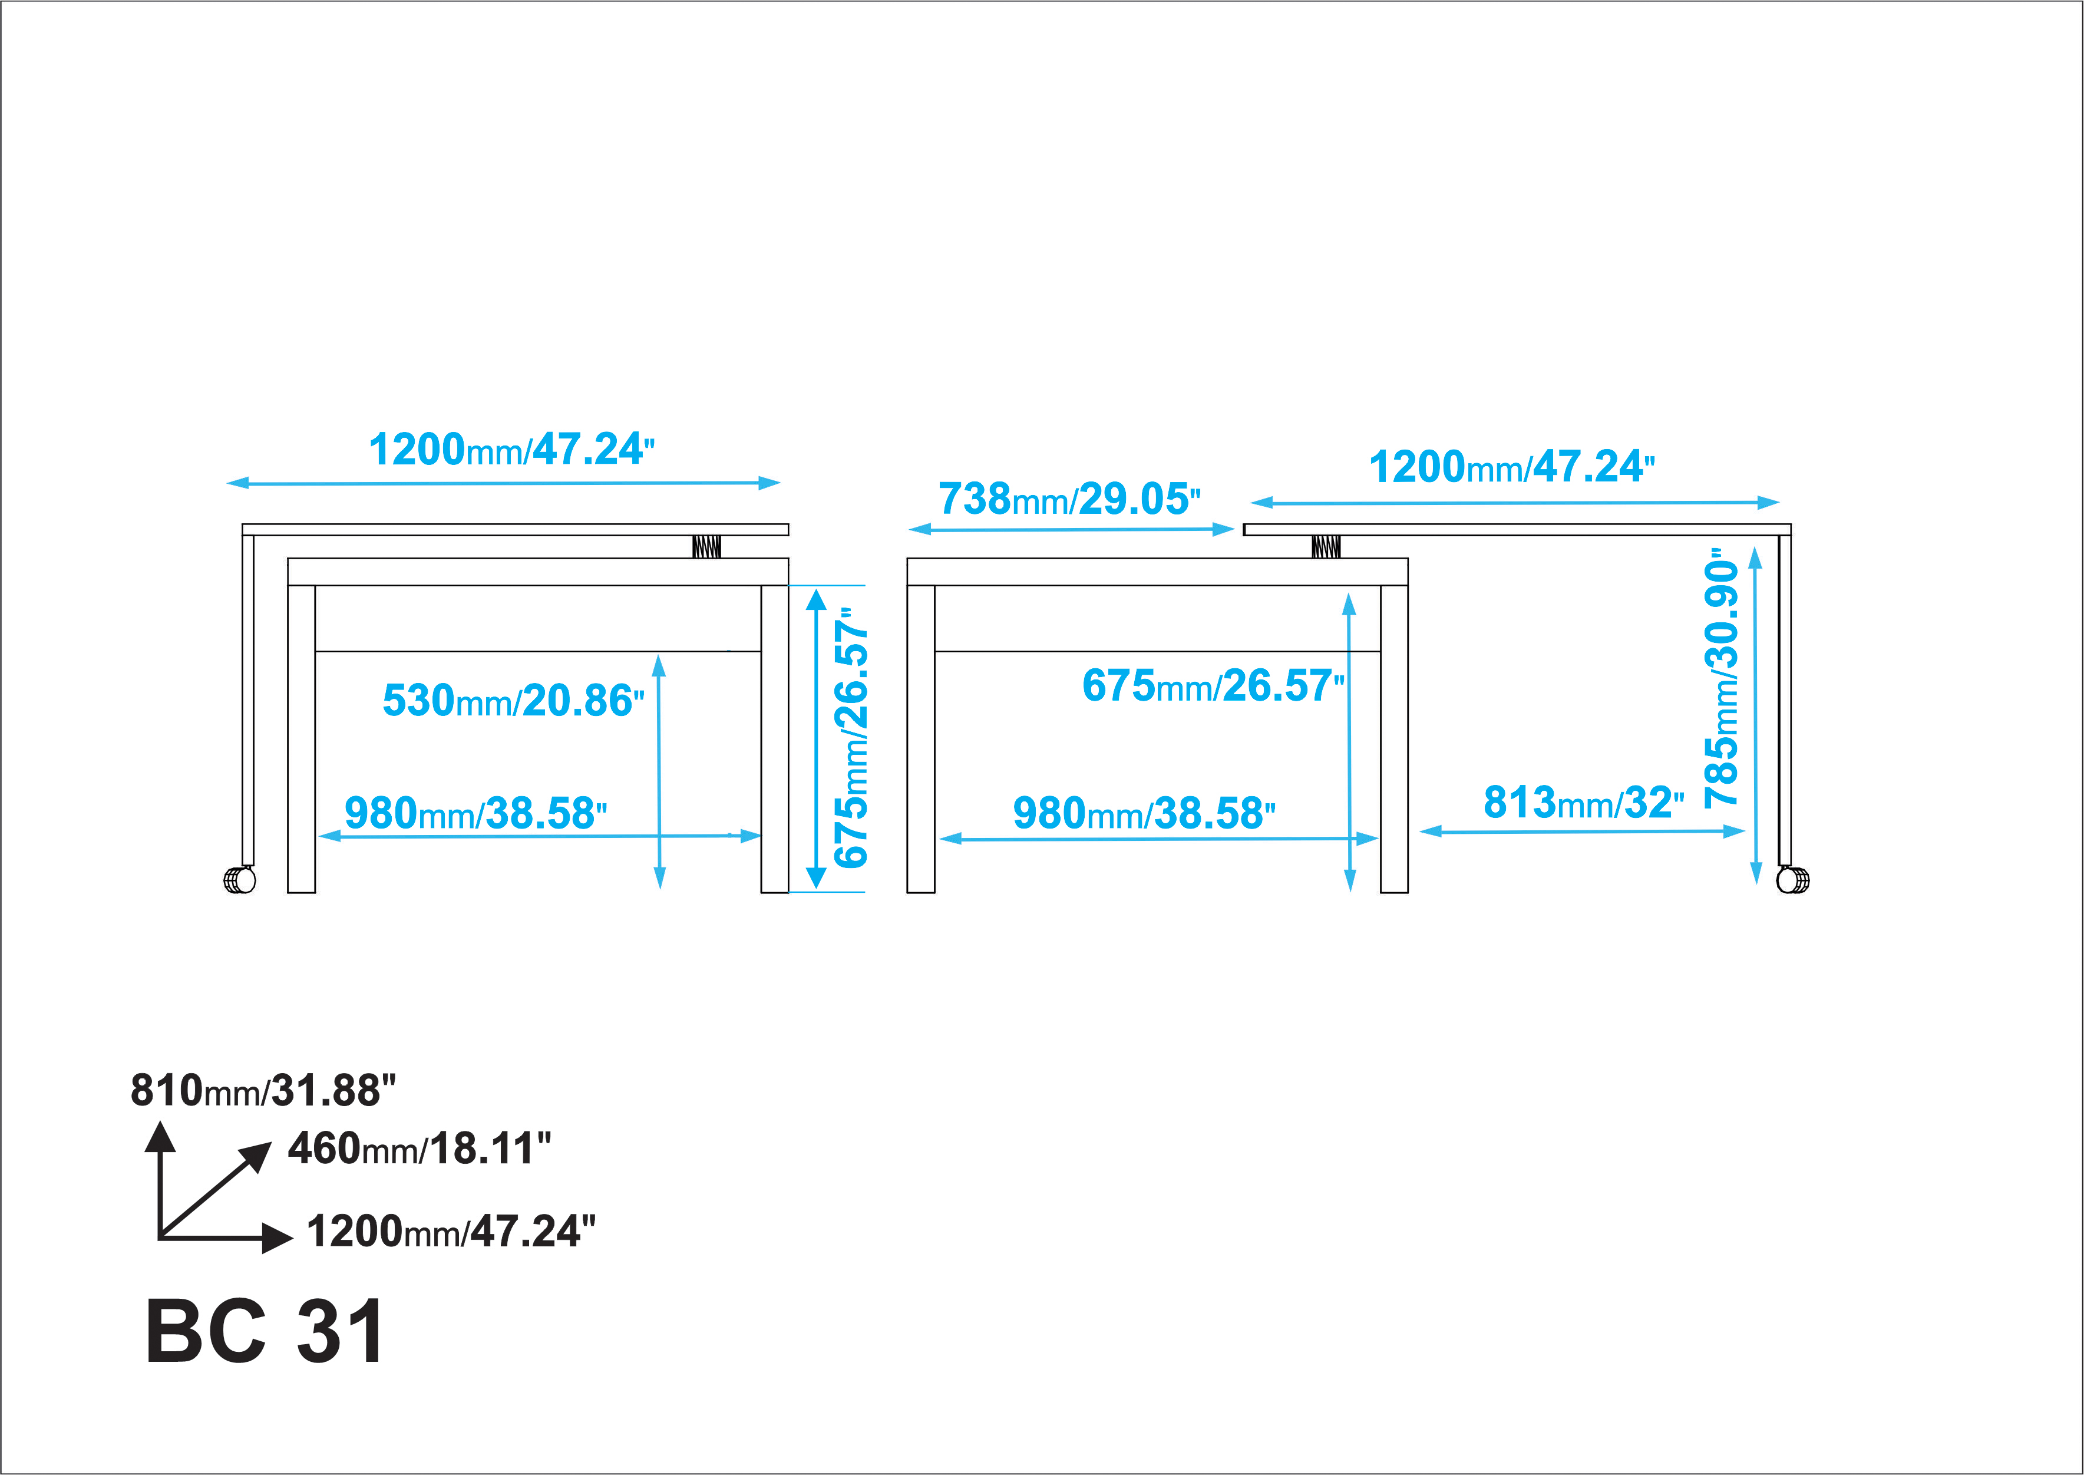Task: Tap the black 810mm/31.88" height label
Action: click(263, 1090)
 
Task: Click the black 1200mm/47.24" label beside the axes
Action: click(451, 1232)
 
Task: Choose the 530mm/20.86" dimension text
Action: click(513, 700)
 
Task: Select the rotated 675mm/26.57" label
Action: click(851, 738)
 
